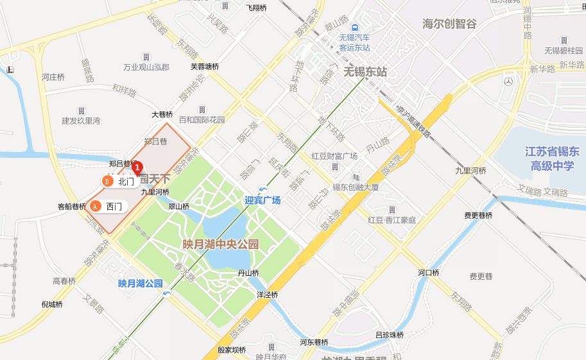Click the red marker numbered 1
[x=136, y=167]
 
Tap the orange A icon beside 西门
[x=96, y=206]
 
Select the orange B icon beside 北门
[x=107, y=182]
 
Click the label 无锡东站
[x=365, y=72]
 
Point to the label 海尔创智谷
[x=449, y=24]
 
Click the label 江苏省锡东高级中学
[x=552, y=159]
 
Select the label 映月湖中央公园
[x=220, y=244]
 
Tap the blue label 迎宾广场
[x=263, y=200]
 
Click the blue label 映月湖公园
[x=140, y=283]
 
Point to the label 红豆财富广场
[x=334, y=156]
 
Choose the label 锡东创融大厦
[x=355, y=187]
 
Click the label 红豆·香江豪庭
[x=392, y=219]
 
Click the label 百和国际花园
[x=202, y=119]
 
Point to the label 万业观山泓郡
[x=146, y=67]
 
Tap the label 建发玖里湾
[x=81, y=120]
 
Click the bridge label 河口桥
[x=429, y=272]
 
